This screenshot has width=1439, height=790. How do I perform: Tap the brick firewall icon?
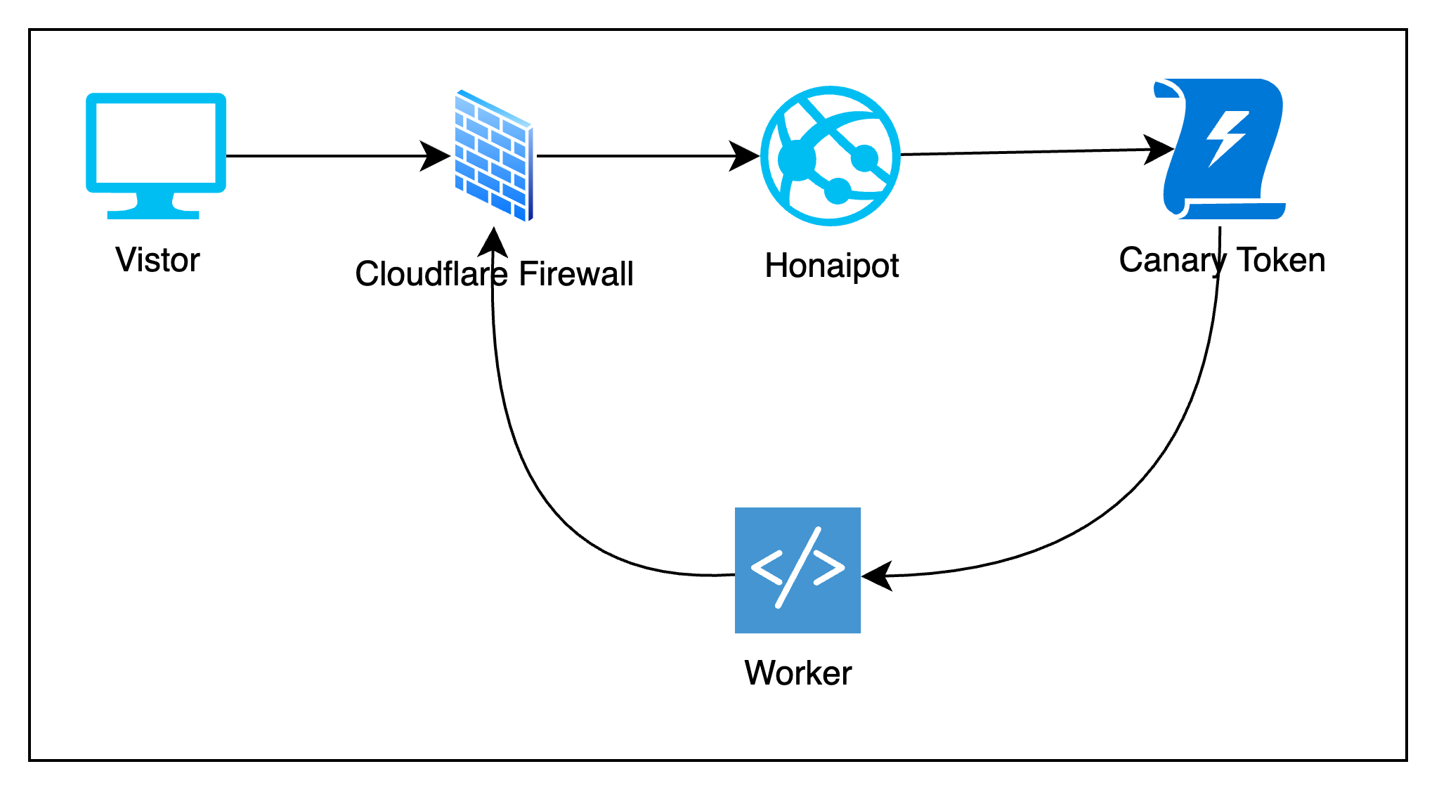point(493,156)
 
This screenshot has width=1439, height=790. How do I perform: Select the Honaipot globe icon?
point(831,156)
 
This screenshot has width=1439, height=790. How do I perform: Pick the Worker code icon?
point(797,570)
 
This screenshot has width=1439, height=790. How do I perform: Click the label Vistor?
point(157,260)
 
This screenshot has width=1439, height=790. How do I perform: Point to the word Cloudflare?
point(431,274)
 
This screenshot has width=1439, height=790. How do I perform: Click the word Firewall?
point(576,274)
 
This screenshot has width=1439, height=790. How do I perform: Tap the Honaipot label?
point(832,266)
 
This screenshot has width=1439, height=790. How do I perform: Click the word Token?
point(1281,260)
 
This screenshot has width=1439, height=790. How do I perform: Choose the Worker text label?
point(798,673)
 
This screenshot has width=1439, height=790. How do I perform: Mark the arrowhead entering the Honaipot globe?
point(745,156)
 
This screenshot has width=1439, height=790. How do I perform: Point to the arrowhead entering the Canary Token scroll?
point(1159,150)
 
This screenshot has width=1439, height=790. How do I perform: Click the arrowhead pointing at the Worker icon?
point(877,576)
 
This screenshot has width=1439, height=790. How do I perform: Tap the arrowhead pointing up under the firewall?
point(493,242)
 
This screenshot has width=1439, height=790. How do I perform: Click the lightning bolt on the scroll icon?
point(1227,138)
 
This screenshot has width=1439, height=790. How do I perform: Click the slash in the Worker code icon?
point(797,568)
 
